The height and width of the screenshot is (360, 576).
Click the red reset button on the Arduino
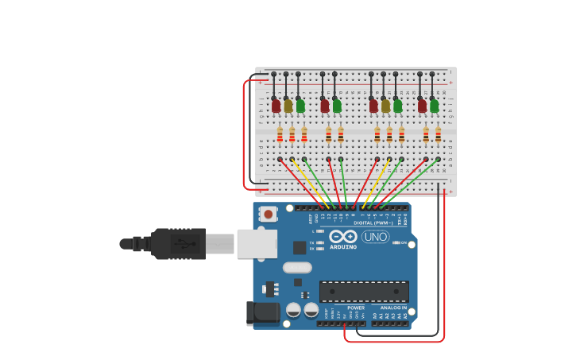point(269,214)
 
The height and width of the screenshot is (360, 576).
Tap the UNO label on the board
point(375,237)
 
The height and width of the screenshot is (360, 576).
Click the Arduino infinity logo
point(343,237)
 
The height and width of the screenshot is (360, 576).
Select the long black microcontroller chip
point(364,292)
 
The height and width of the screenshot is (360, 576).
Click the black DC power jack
point(261,312)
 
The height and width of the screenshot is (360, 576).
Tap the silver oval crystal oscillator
point(297,268)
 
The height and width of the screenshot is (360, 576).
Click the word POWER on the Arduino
point(356,308)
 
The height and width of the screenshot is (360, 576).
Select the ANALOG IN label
point(392,308)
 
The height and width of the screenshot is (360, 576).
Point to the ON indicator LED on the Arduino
point(396,242)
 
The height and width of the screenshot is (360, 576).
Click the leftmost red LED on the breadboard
point(276,106)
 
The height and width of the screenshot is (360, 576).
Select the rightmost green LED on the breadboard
point(434,106)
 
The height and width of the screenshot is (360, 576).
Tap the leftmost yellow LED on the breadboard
point(288,106)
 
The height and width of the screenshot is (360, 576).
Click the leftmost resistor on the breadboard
point(280,135)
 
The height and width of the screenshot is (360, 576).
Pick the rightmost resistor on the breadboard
point(438,135)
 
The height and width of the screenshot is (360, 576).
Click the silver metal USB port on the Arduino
point(257,244)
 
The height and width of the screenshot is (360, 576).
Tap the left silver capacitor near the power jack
point(293,310)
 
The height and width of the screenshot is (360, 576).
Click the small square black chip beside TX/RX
point(300,247)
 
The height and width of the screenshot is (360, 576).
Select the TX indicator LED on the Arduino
point(319,242)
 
